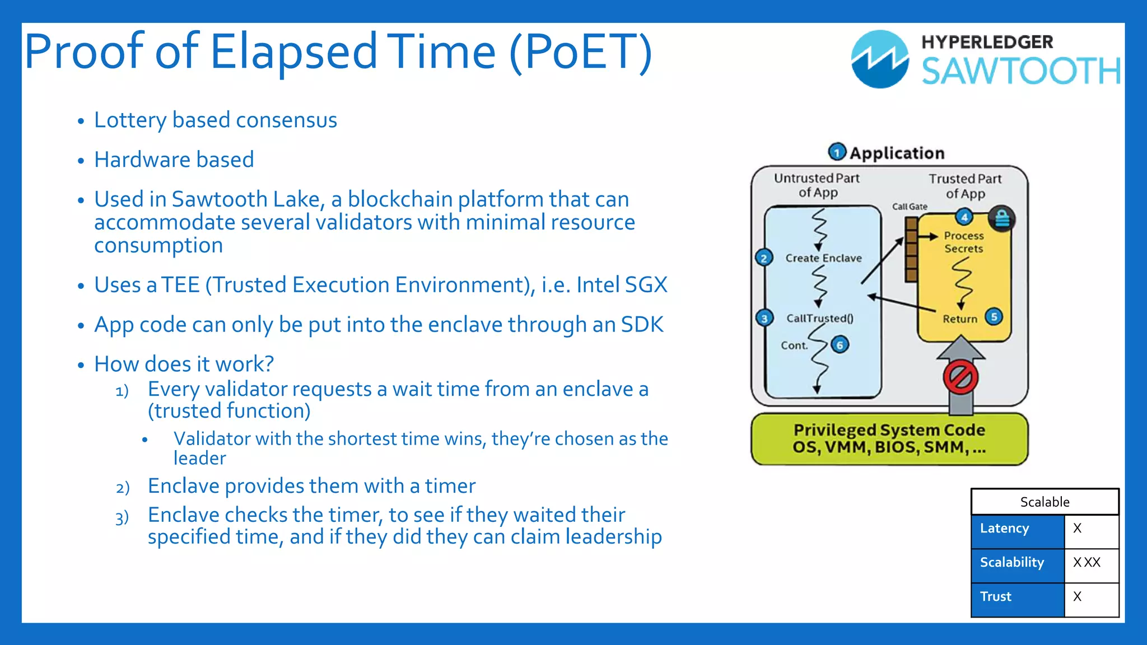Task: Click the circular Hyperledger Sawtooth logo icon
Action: pos(880,59)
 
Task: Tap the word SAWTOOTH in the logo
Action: pos(1021,72)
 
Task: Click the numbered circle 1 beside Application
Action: pos(837,152)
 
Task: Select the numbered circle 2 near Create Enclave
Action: pos(764,258)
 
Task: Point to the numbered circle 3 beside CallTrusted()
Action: pos(764,319)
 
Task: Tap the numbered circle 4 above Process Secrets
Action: pos(964,217)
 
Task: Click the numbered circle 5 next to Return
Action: pos(994,317)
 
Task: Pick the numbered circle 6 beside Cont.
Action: pos(840,345)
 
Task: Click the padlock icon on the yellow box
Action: pos(1002,218)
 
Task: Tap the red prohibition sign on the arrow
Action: pos(961,377)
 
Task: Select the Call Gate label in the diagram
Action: pos(910,207)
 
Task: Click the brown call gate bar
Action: pos(911,250)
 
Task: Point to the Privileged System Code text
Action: pos(889,430)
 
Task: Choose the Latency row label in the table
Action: pos(1005,529)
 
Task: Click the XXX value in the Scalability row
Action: pos(1087,563)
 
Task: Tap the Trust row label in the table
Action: pos(996,597)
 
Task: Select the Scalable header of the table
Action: pos(1045,502)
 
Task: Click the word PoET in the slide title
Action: pos(581,52)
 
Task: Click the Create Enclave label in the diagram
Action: pos(823,258)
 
